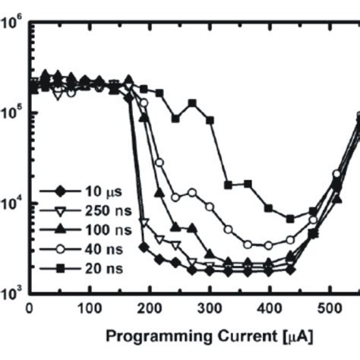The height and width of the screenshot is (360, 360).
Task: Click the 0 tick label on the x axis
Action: [30, 308]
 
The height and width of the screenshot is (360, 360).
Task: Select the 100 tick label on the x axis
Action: [90, 308]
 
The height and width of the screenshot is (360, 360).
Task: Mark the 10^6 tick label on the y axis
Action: [11, 23]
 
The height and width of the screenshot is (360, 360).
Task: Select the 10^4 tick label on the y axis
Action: [11, 203]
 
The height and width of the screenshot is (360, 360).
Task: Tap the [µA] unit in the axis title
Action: [290, 335]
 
